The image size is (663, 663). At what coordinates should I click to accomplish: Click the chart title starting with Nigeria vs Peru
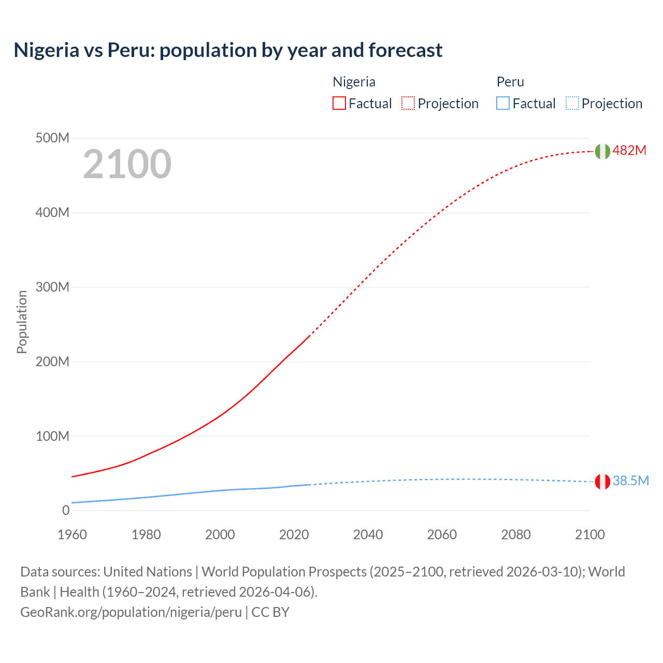click(x=228, y=50)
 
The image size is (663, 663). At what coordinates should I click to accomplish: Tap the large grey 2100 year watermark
click(x=127, y=164)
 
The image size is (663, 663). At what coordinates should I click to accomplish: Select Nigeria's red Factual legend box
click(x=339, y=103)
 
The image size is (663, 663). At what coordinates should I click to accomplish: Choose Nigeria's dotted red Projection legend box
click(x=408, y=103)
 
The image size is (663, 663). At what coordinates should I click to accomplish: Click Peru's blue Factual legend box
click(x=503, y=103)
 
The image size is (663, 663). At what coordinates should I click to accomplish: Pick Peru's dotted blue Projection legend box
click(x=572, y=103)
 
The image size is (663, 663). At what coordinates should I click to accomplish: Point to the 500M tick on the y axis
click(x=52, y=138)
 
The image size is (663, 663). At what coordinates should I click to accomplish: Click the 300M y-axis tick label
click(x=52, y=287)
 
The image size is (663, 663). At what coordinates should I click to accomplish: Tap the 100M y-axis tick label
click(x=52, y=436)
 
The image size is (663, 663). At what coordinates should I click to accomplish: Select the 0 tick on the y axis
click(x=66, y=510)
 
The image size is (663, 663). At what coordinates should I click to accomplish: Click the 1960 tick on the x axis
click(x=72, y=535)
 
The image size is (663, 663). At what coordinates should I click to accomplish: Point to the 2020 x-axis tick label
click(x=294, y=535)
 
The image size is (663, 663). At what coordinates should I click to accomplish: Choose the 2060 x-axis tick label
click(x=442, y=535)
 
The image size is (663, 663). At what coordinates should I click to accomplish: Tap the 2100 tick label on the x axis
click(x=589, y=535)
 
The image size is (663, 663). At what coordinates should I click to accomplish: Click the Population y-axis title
click(x=22, y=322)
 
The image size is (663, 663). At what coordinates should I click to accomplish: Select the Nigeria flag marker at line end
click(x=602, y=151)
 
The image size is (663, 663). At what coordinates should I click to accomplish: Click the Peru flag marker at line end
click(x=602, y=482)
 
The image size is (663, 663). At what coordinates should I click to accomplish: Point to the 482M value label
click(x=629, y=150)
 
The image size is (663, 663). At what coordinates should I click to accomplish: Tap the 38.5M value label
click(x=630, y=481)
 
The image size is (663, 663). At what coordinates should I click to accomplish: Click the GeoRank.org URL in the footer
click(x=131, y=612)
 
